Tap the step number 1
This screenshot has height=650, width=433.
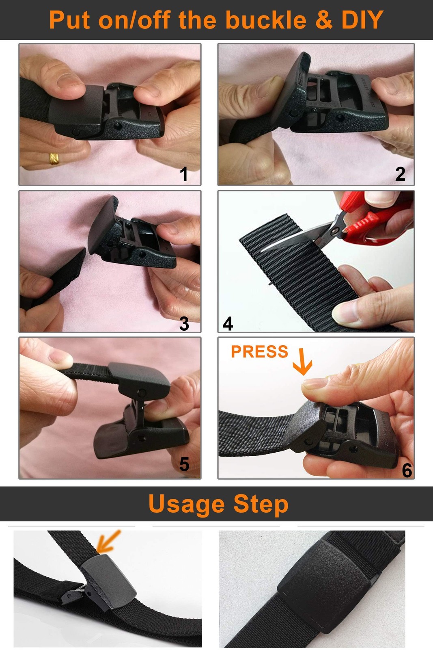183,174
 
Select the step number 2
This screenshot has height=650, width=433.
400,174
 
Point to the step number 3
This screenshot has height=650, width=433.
184,323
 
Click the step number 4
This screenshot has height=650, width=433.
228,323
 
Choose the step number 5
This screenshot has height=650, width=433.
184,464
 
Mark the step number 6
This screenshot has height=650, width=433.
407,470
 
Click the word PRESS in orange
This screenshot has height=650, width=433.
259,352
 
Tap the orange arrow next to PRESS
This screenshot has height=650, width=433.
302,362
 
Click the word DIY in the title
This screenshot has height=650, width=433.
362,20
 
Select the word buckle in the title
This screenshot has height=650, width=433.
266,20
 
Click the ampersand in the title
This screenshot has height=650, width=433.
324,20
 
